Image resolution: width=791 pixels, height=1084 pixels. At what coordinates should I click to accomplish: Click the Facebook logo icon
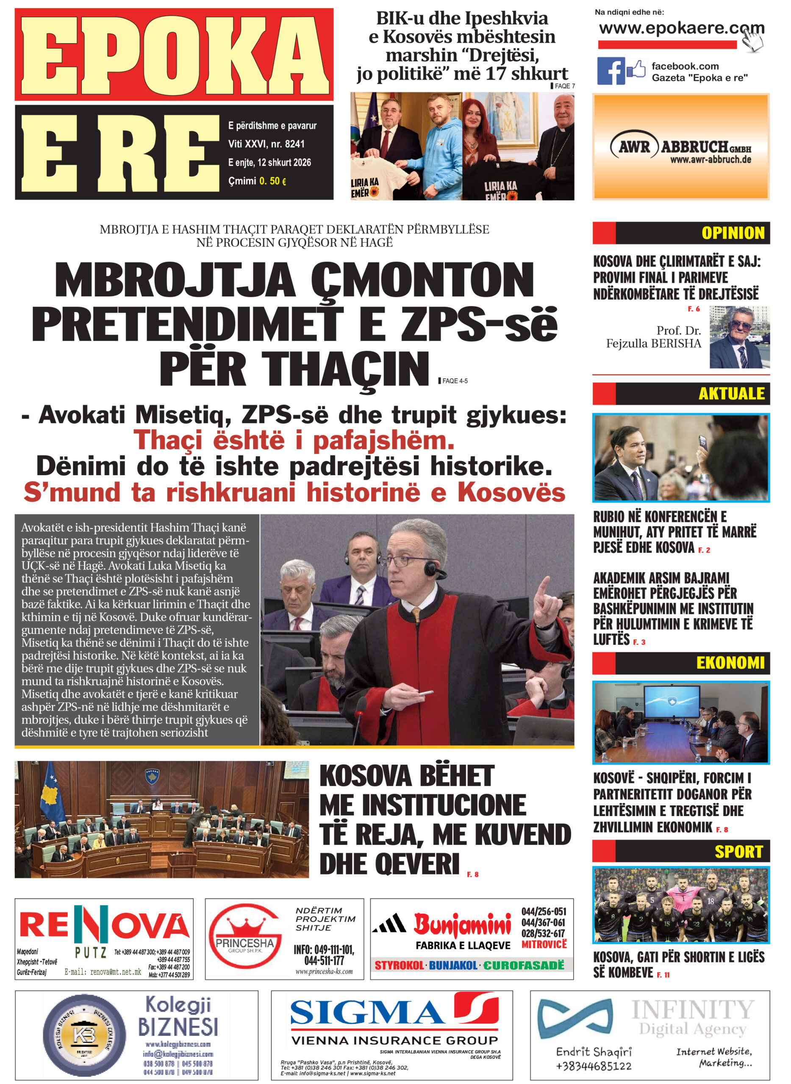[611, 71]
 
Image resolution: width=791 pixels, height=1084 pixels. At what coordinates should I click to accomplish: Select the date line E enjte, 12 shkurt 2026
[269, 162]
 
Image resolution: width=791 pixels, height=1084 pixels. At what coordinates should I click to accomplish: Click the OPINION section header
[733, 233]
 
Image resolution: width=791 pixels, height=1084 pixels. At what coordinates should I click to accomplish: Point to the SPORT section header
[738, 852]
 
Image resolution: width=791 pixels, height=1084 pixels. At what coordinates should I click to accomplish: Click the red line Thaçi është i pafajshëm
[294, 440]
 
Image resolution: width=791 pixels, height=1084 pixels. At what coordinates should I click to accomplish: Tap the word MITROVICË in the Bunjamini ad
[544, 944]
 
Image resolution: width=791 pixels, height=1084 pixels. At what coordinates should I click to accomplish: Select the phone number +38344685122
[593, 1066]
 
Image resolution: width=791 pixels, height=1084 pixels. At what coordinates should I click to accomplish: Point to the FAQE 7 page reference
[564, 86]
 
